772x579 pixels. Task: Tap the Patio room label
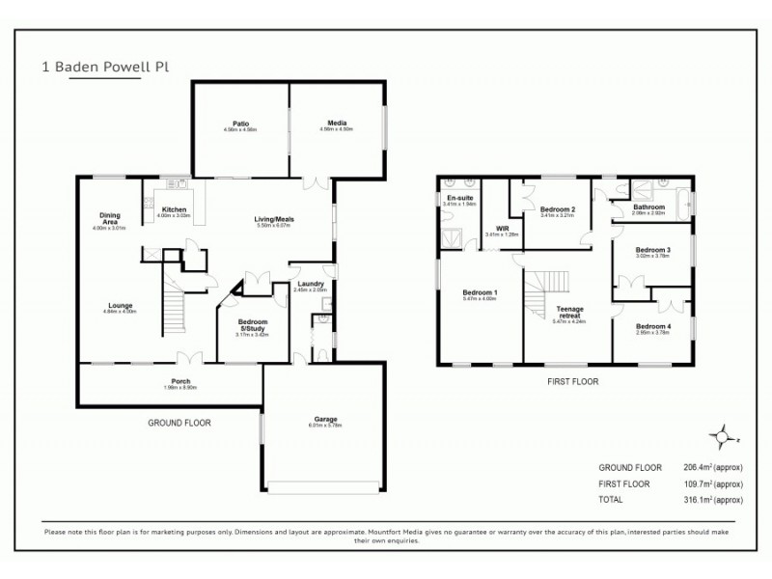click(241, 124)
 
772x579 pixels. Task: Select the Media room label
click(337, 124)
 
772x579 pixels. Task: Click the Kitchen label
click(174, 209)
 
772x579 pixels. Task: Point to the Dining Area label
click(109, 218)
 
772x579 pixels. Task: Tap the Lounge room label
click(122, 306)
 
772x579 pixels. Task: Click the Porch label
click(180, 381)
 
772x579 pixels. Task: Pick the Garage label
click(325, 419)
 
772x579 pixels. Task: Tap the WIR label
click(502, 229)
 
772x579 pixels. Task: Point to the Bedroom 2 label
click(558, 209)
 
